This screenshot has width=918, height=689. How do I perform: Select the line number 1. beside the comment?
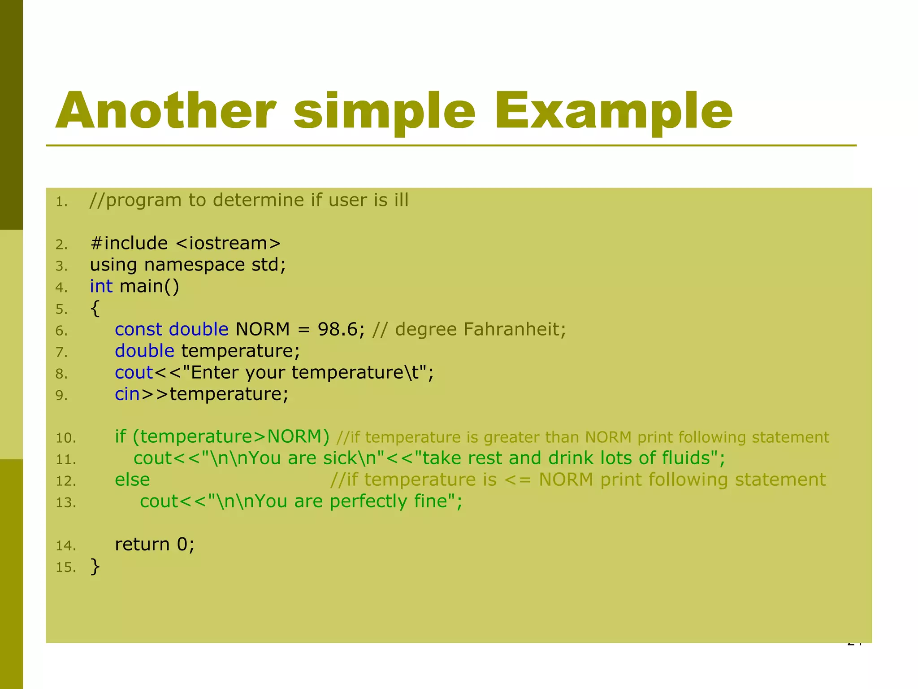pyautogui.click(x=61, y=202)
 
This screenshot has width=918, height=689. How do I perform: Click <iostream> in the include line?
pyautogui.click(x=228, y=244)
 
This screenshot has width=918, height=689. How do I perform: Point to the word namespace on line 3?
pyautogui.click(x=194, y=265)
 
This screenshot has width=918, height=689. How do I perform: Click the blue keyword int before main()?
pyautogui.click(x=101, y=286)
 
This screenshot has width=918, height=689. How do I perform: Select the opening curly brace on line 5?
pyautogui.click(x=95, y=308)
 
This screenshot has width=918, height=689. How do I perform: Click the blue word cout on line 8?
pyautogui.click(x=134, y=372)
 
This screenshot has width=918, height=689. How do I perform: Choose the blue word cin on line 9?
pyautogui.click(x=127, y=394)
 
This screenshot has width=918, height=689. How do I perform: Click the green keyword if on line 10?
pyautogui.click(x=120, y=436)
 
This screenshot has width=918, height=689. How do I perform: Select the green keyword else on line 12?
pyautogui.click(x=132, y=480)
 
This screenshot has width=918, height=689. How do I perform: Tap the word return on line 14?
pyautogui.click(x=142, y=544)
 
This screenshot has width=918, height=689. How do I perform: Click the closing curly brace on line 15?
pyautogui.click(x=95, y=566)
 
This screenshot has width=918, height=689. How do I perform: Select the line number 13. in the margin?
pyautogui.click(x=65, y=502)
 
